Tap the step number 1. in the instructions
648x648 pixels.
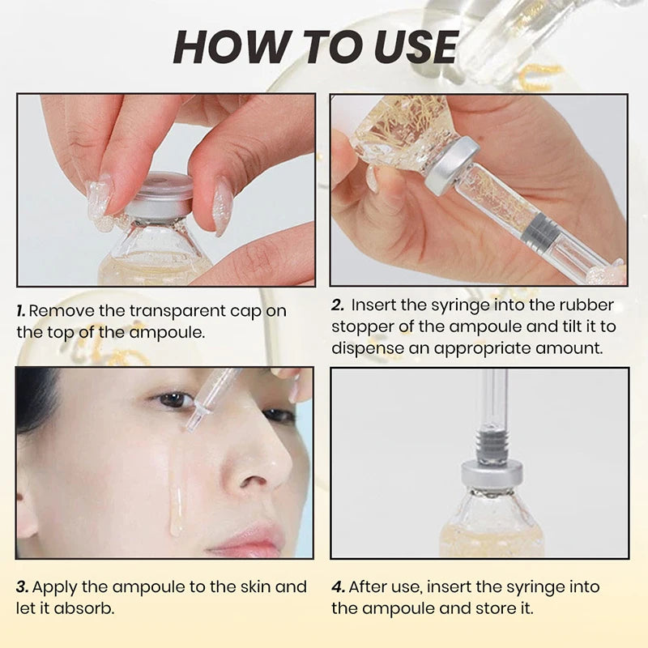22,311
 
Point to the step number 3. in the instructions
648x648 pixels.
23,586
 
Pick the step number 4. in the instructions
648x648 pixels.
338,586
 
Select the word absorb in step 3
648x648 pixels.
92,607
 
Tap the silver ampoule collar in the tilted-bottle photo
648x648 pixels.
452,165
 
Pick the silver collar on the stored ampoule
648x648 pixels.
491,474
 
